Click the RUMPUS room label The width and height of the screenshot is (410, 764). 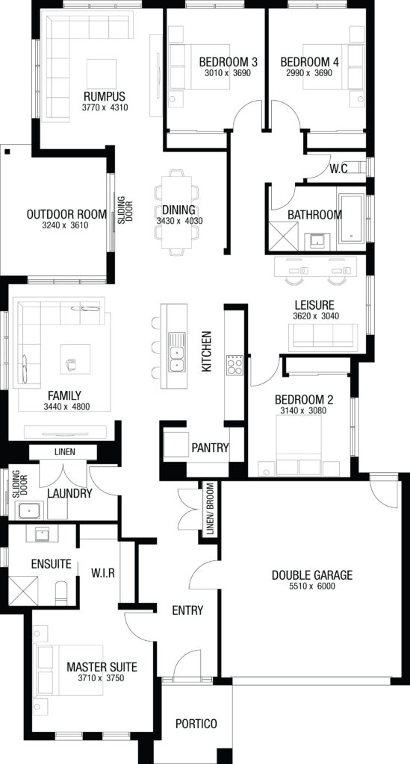click(x=105, y=96)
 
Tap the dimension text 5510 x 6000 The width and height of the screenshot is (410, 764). click(x=311, y=586)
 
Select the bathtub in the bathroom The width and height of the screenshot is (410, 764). click(x=350, y=219)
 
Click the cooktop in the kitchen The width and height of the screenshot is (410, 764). click(x=234, y=365)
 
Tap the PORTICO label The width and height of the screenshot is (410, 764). click(x=196, y=724)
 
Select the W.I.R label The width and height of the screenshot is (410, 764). click(x=103, y=573)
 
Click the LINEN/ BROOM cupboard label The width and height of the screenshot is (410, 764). click(x=210, y=509)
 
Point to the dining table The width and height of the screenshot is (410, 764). click(x=176, y=212)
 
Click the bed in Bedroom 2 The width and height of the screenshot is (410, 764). click(x=299, y=445)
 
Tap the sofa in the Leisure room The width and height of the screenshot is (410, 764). click(x=323, y=337)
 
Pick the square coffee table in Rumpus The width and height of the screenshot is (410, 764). click(x=102, y=74)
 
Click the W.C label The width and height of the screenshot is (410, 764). click(x=338, y=169)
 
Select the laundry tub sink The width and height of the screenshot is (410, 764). click(x=31, y=510)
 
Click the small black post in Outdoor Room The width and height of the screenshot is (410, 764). click(x=7, y=151)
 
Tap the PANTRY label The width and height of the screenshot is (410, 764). click(x=210, y=448)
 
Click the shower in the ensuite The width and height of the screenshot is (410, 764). click(x=23, y=590)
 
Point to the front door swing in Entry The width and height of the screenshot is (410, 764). click(x=187, y=663)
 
